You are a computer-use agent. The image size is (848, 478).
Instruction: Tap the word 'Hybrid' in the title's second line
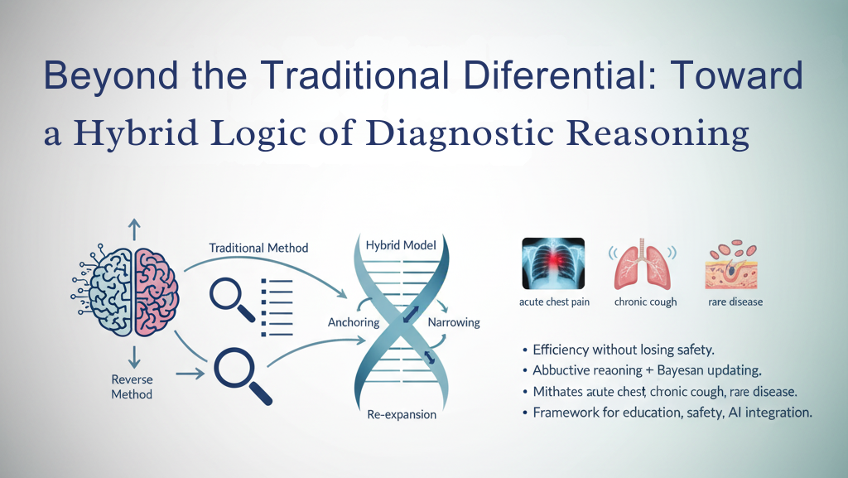[x=132, y=133]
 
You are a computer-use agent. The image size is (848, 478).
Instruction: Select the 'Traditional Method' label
[x=258, y=248]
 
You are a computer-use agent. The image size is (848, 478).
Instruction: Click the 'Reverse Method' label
[x=132, y=387]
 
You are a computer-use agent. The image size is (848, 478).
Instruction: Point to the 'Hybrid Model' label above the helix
[x=400, y=245]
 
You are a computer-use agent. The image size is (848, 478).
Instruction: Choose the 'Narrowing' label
[x=453, y=322]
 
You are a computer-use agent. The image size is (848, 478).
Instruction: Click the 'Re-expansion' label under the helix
[x=402, y=414]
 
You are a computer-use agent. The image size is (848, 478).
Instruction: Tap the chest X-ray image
[x=553, y=263]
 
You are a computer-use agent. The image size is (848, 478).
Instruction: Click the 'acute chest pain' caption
[x=554, y=302]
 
